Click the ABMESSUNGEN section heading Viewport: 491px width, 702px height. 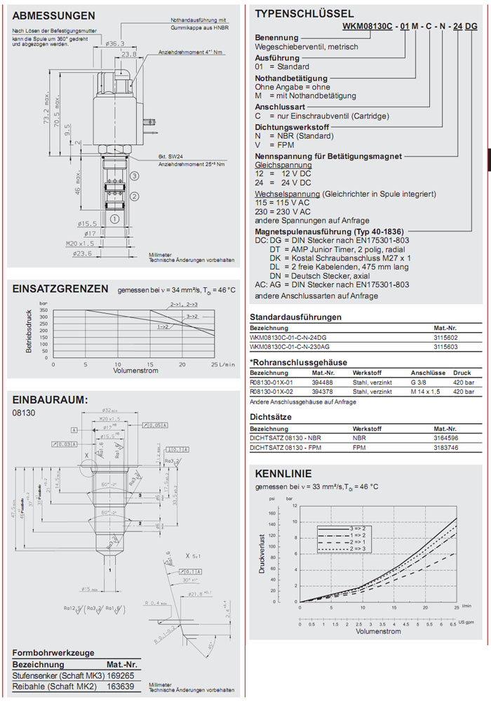click(54, 15)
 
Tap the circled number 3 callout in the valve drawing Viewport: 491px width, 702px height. click(134, 176)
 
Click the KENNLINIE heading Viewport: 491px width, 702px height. click(283, 473)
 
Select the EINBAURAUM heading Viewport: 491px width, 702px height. click(50, 399)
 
